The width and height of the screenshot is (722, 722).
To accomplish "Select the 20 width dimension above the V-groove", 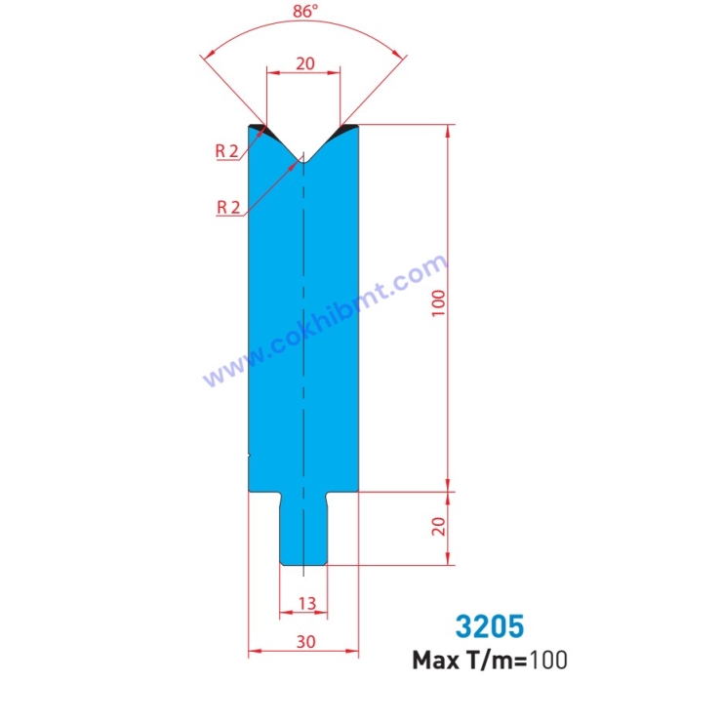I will [303, 63].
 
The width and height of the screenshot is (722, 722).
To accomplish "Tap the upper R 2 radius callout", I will [226, 150].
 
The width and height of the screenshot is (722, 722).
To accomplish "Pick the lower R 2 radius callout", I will [226, 206].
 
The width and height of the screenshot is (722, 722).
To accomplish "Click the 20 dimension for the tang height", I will [438, 527].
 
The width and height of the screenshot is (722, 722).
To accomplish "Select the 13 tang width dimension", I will [303, 604].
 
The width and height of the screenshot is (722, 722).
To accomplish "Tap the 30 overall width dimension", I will [303, 643].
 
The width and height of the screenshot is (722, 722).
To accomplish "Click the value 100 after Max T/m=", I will [548, 661].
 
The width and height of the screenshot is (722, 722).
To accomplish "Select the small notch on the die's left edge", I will [251, 455].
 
